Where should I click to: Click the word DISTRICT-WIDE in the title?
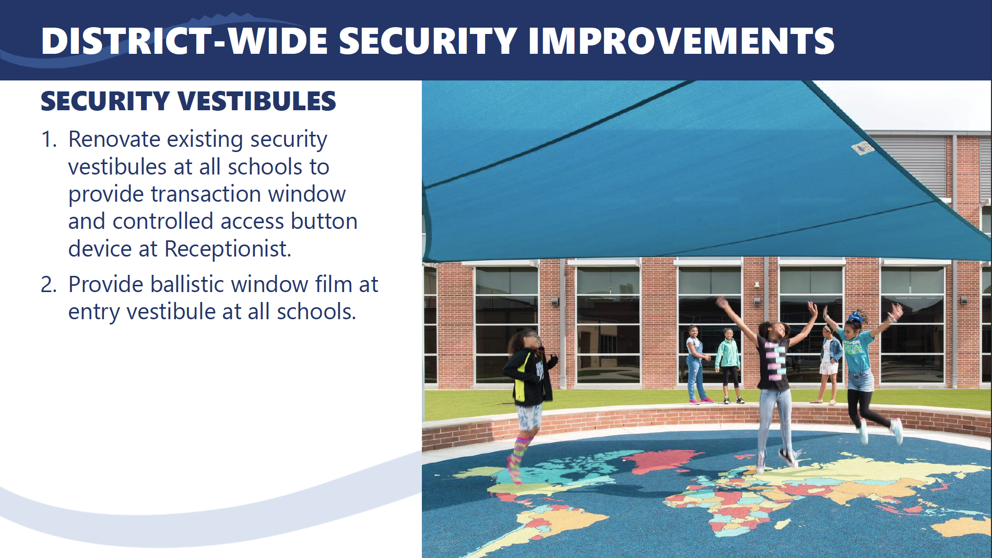point(184,41)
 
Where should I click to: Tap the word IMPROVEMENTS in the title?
point(681,41)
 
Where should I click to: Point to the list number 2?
point(49,285)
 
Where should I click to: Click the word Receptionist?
point(228,249)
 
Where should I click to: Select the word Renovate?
point(114,140)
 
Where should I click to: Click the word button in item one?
point(324,222)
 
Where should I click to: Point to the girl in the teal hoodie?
point(728,366)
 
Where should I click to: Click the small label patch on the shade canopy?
point(863,148)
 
